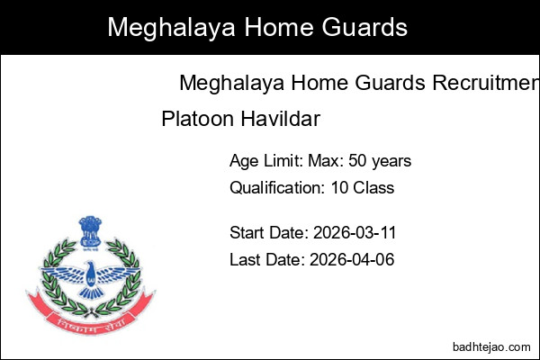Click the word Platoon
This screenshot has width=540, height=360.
(x=193, y=118)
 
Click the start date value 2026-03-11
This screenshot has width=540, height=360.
(x=355, y=233)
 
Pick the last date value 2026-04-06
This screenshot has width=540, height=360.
(x=352, y=260)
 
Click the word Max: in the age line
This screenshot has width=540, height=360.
(x=321, y=161)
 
